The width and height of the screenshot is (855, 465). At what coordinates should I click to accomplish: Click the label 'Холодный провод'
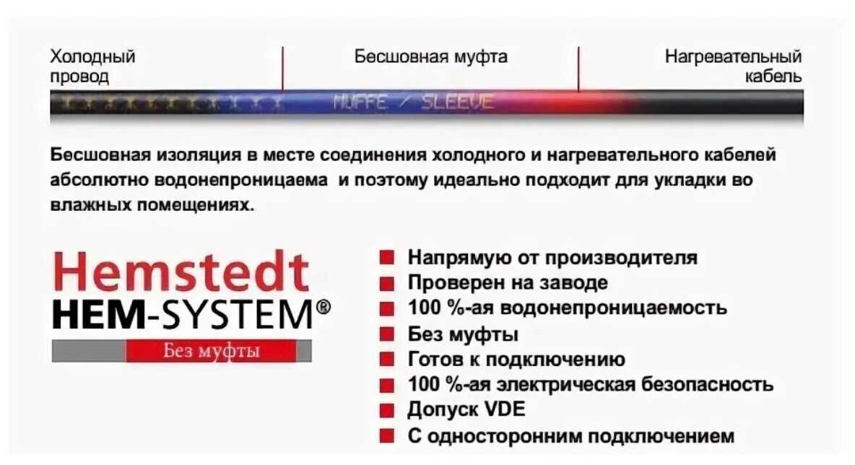click(x=92, y=66)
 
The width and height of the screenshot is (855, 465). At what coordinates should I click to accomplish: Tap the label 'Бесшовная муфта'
click(x=431, y=57)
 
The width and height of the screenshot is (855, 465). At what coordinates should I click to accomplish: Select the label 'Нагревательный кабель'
click(x=733, y=66)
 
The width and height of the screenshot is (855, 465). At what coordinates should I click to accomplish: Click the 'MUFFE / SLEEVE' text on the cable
click(x=413, y=102)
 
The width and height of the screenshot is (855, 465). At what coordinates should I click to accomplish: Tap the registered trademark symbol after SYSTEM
click(x=324, y=307)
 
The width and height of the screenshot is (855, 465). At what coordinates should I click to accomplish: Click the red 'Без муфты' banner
click(x=212, y=350)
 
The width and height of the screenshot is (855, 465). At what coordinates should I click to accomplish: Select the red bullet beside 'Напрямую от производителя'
click(x=386, y=257)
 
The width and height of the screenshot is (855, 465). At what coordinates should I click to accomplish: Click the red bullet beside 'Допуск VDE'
click(x=386, y=410)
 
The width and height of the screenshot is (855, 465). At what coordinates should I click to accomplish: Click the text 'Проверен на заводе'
click(x=508, y=282)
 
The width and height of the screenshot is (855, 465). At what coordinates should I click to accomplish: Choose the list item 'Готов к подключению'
click(x=516, y=360)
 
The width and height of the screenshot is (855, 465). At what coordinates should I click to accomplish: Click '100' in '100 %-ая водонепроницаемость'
click(x=424, y=308)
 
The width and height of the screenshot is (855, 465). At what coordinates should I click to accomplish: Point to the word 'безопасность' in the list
click(x=707, y=384)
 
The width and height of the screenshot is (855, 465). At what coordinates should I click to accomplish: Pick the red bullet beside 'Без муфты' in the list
click(x=386, y=334)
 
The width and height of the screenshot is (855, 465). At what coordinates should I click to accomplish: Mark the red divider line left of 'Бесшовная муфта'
click(x=282, y=68)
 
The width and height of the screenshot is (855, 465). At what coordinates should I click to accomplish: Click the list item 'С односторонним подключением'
click(x=571, y=436)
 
